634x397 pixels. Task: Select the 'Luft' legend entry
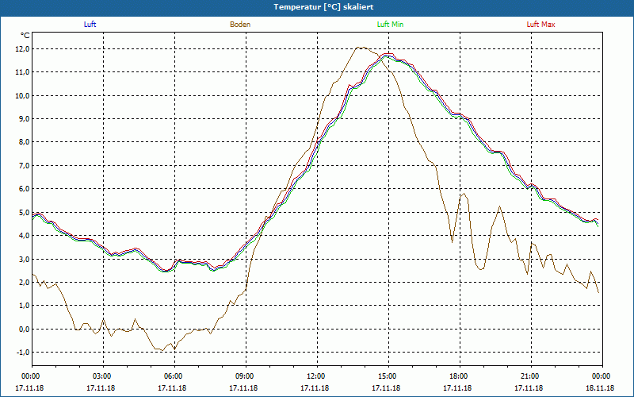(90, 25)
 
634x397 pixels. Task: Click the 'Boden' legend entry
(240, 25)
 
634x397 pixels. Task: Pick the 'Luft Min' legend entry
(389, 25)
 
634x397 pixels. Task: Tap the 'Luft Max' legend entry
(541, 25)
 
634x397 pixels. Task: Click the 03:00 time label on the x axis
(102, 376)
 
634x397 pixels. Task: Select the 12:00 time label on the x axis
(316, 376)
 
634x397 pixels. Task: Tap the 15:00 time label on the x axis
(388, 376)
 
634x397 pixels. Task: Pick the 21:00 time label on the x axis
(530, 376)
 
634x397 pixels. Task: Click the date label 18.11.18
(600, 388)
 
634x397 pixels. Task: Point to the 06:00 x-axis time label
(174, 376)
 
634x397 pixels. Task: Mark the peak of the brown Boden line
(361, 47)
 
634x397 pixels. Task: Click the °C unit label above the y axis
(25, 35)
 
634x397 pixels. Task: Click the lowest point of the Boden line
(175, 350)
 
